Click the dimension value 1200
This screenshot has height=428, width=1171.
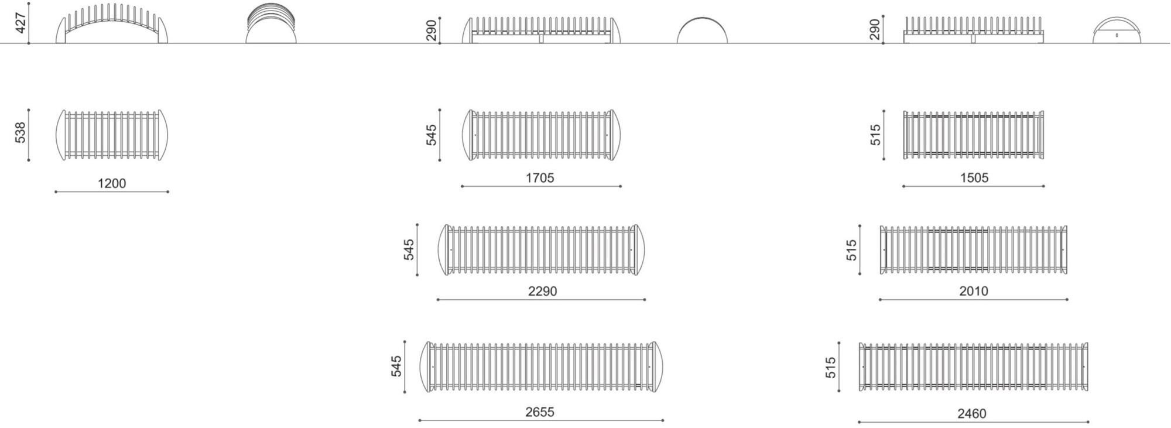coord(111,183)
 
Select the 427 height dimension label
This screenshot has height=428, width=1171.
coord(20,22)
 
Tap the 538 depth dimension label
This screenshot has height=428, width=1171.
coord(20,133)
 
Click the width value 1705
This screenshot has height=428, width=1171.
coord(539,177)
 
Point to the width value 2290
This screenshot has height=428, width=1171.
coord(542,291)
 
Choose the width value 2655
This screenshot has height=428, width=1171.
coord(539,412)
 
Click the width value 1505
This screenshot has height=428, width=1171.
coord(974,177)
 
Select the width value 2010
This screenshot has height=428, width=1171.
coord(973,291)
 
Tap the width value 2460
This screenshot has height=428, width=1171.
coord(971,413)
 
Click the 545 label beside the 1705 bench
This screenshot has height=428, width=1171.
coord(432,135)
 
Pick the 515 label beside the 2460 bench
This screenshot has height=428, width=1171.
coord(831,368)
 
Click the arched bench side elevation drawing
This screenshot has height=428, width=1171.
coord(111,25)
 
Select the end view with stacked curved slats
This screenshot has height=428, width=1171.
coord(271,25)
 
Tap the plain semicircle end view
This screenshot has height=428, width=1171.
coord(702,32)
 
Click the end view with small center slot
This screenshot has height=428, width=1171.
coord(1117,32)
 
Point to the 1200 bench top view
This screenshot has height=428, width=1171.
coord(111,135)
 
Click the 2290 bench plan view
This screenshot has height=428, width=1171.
coord(542,250)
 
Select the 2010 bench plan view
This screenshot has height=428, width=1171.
coord(973,250)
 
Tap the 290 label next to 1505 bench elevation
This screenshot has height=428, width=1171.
coord(875,29)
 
